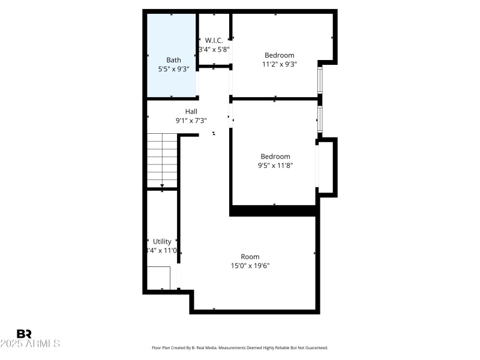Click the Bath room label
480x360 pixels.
click(x=173, y=60)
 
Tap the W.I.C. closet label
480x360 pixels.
click(x=214, y=40)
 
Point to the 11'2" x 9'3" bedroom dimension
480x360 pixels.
click(x=280, y=64)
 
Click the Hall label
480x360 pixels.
click(x=191, y=112)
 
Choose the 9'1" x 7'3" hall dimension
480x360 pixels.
click(x=191, y=121)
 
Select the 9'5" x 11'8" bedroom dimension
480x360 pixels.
click(x=275, y=165)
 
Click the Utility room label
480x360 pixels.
click(x=162, y=241)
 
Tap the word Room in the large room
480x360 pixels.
click(x=250, y=257)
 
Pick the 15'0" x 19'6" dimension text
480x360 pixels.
click(x=250, y=266)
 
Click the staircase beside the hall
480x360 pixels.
click(x=162, y=161)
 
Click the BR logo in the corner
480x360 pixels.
click(x=24, y=334)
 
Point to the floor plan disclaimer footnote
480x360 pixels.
click(x=240, y=347)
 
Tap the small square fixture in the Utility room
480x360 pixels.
click(x=159, y=278)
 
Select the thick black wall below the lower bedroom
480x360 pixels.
click(x=273, y=211)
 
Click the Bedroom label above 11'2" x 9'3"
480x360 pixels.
click(x=280, y=55)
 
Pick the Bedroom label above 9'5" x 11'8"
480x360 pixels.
click(x=275, y=157)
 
